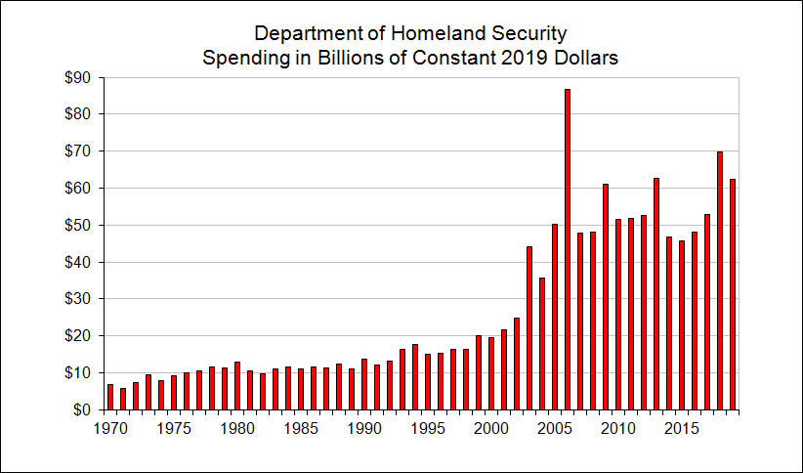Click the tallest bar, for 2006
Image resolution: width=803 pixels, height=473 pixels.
click(x=568, y=249)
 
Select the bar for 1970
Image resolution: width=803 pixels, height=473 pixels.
click(x=110, y=397)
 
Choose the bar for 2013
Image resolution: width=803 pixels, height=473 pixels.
click(x=656, y=294)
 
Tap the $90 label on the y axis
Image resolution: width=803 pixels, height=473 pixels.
click(x=77, y=77)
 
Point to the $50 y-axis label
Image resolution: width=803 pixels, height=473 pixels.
click(x=77, y=225)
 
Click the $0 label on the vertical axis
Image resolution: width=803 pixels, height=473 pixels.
click(x=81, y=409)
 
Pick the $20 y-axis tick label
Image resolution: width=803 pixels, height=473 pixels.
click(x=77, y=335)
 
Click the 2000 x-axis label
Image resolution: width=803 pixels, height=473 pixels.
click(x=491, y=428)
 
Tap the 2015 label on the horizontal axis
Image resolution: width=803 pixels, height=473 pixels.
click(x=682, y=428)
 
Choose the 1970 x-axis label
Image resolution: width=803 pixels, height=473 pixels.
click(x=109, y=428)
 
